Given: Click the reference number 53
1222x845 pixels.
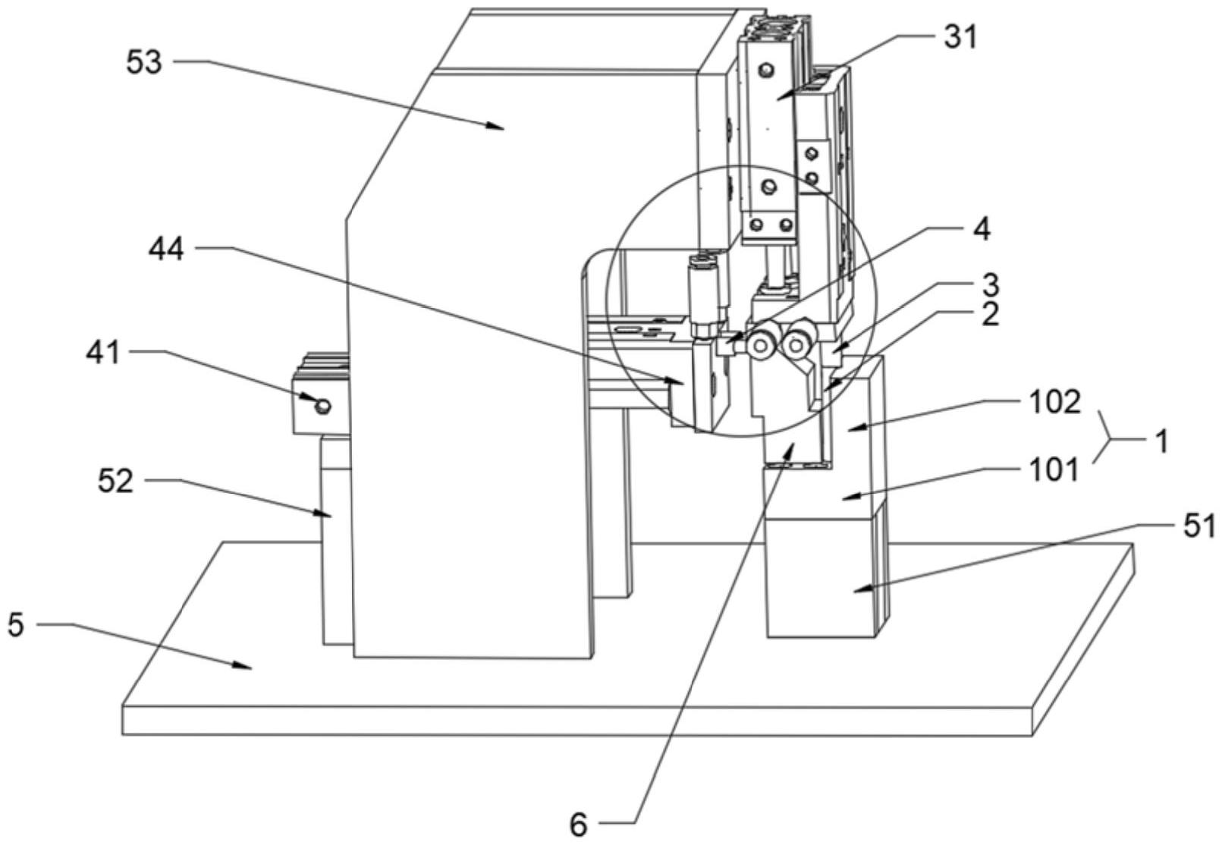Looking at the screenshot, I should [x=143, y=63].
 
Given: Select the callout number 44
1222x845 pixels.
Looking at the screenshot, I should [x=166, y=248].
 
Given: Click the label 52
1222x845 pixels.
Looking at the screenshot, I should [x=115, y=481].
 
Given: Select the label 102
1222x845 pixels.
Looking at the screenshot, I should [x=1055, y=402].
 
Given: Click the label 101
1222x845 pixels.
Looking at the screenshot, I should [x=1055, y=470].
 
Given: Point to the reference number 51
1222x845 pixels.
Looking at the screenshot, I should [x=1199, y=526].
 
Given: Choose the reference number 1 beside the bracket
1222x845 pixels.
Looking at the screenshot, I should [x=1161, y=441].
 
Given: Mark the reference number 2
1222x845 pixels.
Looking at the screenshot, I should [x=989, y=314].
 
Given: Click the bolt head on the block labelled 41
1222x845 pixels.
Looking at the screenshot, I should [x=323, y=407].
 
